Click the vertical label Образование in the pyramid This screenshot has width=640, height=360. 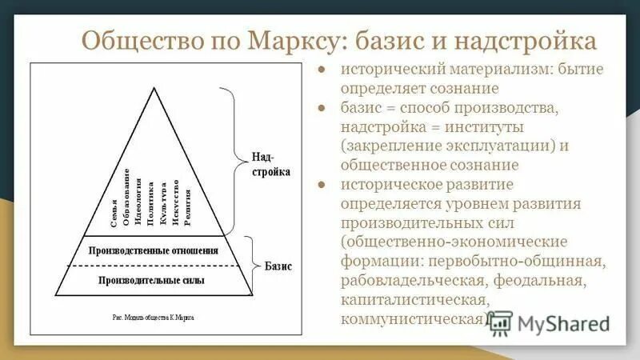pyautogui.click(x=127, y=192)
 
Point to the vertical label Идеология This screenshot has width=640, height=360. pyautogui.click(x=138, y=195)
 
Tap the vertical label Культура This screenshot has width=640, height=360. pyautogui.click(x=163, y=198)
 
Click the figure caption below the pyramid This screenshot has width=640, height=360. pyautogui.click(x=152, y=318)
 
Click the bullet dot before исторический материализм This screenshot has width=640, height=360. pyautogui.click(x=320, y=70)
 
